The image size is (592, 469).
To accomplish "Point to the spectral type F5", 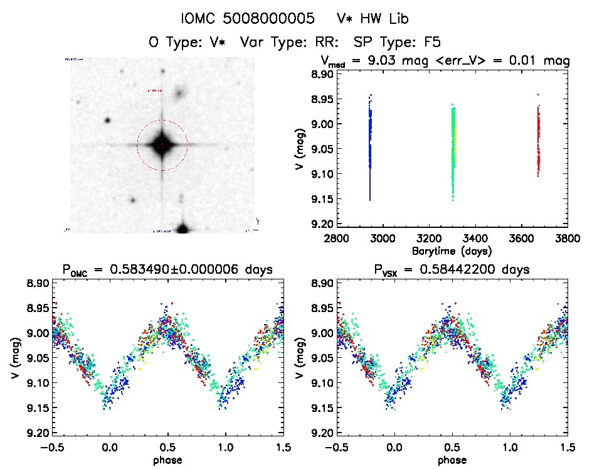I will click(430, 42).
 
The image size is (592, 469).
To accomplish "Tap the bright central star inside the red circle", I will click(162, 145).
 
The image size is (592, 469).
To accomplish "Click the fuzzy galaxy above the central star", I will click(181, 94).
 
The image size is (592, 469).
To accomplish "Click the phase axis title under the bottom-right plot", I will click(452, 460).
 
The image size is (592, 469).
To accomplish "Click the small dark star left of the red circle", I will click(107, 121).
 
